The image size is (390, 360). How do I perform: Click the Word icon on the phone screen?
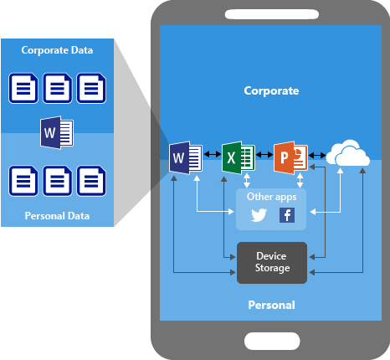(x=186, y=157)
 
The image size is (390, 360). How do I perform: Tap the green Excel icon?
(x=239, y=157)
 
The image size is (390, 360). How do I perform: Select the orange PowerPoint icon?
(x=290, y=157)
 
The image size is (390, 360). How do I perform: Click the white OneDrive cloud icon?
(x=348, y=152)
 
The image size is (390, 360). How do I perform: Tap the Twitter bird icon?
(x=259, y=215)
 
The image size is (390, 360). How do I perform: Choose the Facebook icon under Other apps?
(x=287, y=215)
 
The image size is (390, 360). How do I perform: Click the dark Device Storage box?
(x=272, y=263)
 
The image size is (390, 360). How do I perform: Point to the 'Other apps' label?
(x=271, y=197)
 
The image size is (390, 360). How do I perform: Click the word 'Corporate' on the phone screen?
(x=271, y=91)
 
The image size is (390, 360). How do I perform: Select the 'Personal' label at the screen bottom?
(x=271, y=305)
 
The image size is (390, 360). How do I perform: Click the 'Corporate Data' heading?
(x=57, y=50)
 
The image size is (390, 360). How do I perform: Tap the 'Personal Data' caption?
(x=57, y=216)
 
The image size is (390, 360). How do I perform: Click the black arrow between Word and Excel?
(x=213, y=154)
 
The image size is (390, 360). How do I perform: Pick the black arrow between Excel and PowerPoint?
(x=264, y=154)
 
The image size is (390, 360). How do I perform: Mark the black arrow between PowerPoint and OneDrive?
(x=317, y=155)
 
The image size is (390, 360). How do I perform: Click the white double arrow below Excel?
(x=247, y=180)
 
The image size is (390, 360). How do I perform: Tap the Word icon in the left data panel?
(x=57, y=132)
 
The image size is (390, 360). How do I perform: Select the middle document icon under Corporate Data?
(x=57, y=88)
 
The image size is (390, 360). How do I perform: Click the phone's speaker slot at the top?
(x=272, y=14)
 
